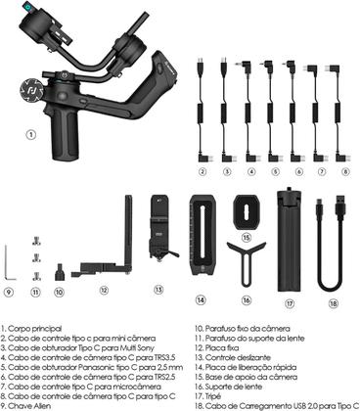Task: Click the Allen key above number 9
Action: point(6,264)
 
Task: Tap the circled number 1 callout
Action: point(30,135)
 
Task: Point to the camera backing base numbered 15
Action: point(247,212)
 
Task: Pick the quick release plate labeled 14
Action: point(202,235)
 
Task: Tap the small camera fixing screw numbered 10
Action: point(59,272)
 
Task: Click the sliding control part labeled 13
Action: point(161,228)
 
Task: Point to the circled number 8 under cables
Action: point(345,171)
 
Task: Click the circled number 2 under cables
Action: point(202,171)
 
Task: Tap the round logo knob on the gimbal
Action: point(31,89)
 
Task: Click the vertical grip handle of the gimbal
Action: point(65,132)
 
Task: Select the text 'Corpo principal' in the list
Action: point(34,329)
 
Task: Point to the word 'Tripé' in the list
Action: point(213,396)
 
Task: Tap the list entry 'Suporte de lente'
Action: point(234,387)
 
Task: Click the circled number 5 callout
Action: point(275,171)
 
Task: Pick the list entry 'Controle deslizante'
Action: point(238,357)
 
